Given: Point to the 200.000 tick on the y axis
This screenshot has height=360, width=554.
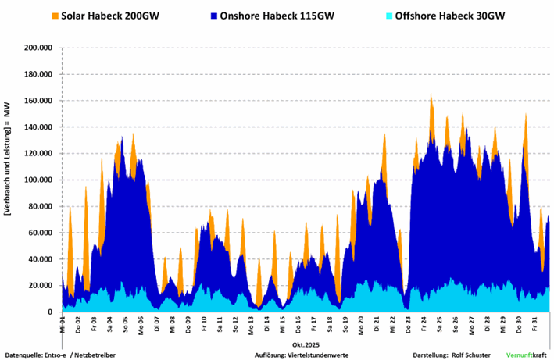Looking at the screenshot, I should pos(38,48).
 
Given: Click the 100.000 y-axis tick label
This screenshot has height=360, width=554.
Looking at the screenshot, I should pos(38,180).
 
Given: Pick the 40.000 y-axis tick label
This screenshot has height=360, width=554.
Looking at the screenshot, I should pos(40,259).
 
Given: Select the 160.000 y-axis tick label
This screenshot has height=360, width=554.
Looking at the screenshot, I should pos(38,101).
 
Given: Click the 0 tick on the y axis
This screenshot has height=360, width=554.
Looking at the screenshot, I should pos(50,312).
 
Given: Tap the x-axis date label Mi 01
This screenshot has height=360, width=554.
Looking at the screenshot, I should pos(63,321).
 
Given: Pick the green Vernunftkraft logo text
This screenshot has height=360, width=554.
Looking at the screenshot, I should pos(524,355).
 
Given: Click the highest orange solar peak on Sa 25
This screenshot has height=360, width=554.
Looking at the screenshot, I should pos(431,97).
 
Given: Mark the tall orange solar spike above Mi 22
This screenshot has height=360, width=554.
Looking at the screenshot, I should pos(384,135).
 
